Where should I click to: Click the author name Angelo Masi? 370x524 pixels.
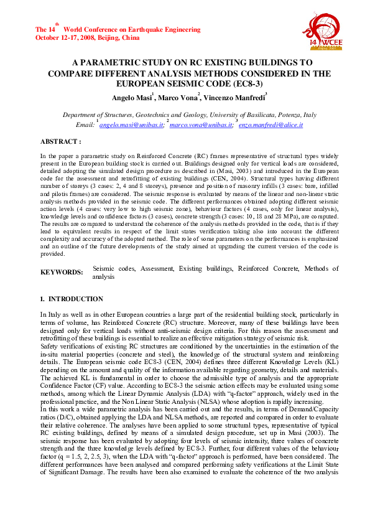pyautogui.click(x=131, y=98)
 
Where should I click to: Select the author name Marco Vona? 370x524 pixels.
pyautogui.click(x=177, y=98)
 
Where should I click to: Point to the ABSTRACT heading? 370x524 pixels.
pyautogui.click(x=61, y=142)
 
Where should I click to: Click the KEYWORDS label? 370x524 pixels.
pyautogui.click(x=62, y=272)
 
